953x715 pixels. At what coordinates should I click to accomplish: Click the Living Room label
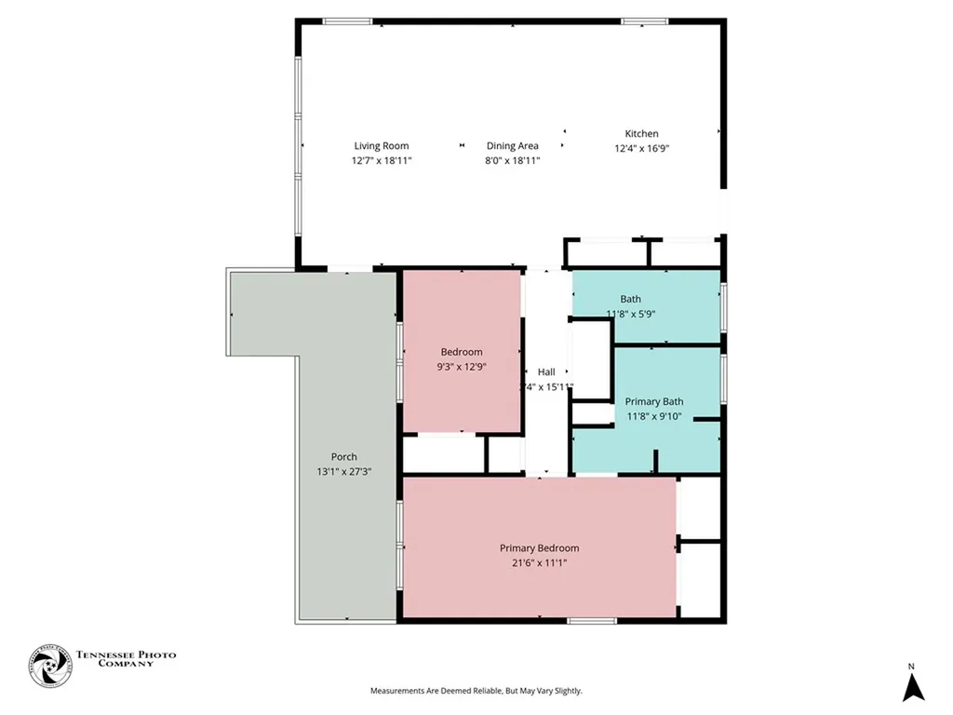tap(381, 145)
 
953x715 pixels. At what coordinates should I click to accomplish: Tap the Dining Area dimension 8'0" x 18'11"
tap(512, 160)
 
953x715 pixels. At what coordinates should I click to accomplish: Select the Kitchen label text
tap(641, 134)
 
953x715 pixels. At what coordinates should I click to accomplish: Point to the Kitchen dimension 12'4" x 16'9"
tap(641, 149)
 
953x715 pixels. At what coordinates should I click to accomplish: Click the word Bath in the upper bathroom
tap(630, 299)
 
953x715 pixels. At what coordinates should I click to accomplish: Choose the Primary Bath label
tap(653, 401)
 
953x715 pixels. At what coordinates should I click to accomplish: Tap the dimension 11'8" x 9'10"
tap(653, 416)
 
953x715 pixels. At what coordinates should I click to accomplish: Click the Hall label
tap(546, 371)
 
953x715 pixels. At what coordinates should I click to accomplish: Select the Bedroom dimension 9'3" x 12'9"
tap(462, 366)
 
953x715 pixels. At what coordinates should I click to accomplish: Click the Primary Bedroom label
tap(539, 548)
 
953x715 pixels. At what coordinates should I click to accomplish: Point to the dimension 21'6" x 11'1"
tap(539, 562)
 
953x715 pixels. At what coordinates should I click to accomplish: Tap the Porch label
tap(343, 456)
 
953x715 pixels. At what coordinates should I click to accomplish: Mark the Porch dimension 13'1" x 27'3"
tap(343, 471)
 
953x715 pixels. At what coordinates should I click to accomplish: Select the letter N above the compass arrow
tap(912, 666)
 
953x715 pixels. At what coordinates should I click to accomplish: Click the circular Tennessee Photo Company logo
tap(49, 666)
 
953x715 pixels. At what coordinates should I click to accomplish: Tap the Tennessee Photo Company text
tap(126, 659)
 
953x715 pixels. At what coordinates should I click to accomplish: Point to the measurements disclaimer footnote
tap(476, 691)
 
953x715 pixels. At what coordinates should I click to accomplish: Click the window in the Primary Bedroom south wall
tap(591, 620)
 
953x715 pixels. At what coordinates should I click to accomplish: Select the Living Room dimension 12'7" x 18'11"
tap(381, 160)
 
